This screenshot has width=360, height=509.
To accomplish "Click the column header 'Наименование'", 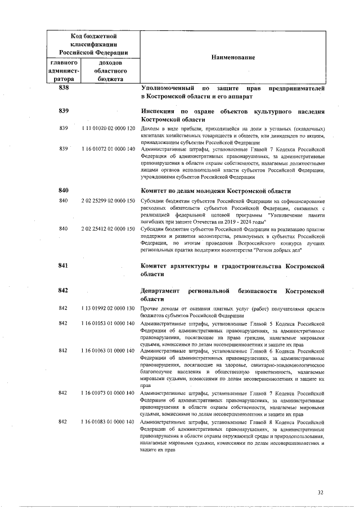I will tap(233, 58).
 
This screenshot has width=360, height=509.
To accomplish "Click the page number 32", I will tap(321, 493).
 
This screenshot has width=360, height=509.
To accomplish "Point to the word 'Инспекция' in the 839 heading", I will tap(159, 111).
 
